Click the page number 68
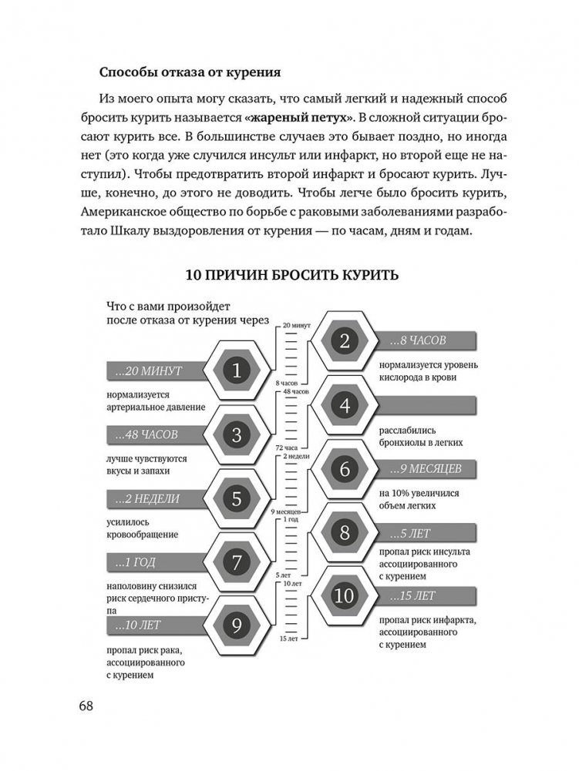pyautogui.click(x=88, y=706)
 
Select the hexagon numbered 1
pyautogui.click(x=237, y=371)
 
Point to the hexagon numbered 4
pyautogui.click(x=345, y=404)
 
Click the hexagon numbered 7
pyautogui.click(x=237, y=561)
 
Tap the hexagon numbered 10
pyautogui.click(x=344, y=595)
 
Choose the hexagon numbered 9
pyautogui.click(x=237, y=625)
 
